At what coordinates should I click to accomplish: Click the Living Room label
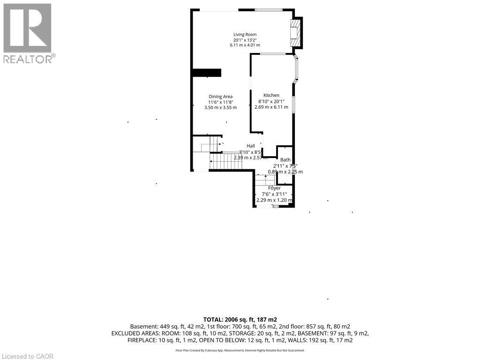[x=245, y=34]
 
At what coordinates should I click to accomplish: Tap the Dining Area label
[x=220, y=97]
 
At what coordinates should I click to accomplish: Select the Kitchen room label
[x=271, y=95]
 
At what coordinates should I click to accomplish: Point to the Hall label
[x=251, y=146]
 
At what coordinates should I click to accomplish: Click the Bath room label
[x=285, y=160]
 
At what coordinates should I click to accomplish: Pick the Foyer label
[x=274, y=188]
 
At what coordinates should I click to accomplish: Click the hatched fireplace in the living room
[x=295, y=33]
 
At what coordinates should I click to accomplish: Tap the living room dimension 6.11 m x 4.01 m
[x=245, y=45]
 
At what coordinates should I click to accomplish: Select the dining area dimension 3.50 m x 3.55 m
[x=220, y=107]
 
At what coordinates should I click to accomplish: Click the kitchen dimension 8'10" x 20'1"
[x=271, y=101]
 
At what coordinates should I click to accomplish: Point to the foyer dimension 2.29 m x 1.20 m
[x=274, y=200]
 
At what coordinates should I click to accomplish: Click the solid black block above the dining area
[x=206, y=72]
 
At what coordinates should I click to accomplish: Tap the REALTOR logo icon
[x=27, y=28]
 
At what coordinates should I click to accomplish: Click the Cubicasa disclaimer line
[x=240, y=350]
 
